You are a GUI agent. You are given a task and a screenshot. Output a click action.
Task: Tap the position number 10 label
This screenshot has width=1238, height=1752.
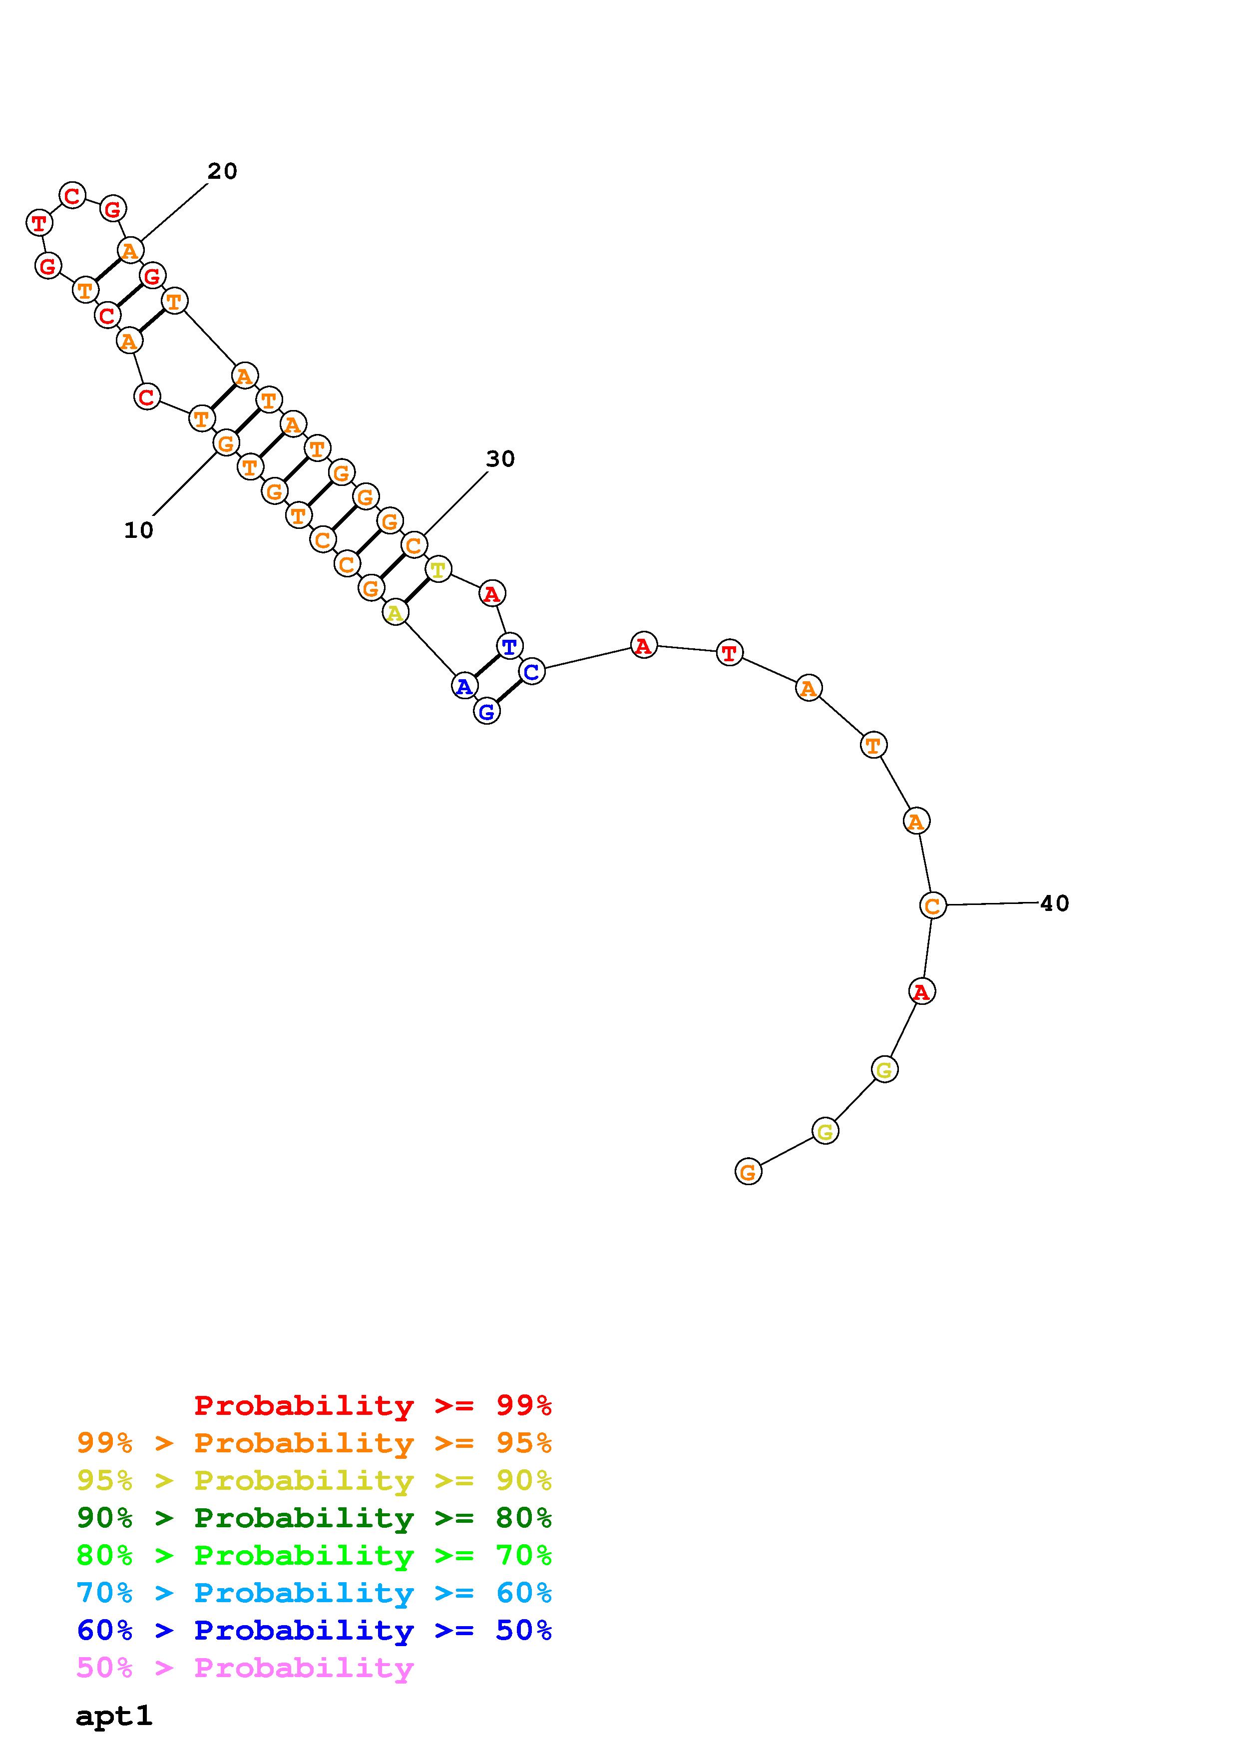tap(139, 530)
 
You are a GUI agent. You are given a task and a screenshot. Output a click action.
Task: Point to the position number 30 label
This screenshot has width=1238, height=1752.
tap(500, 459)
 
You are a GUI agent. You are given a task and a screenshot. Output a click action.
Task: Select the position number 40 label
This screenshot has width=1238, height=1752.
tap(1055, 903)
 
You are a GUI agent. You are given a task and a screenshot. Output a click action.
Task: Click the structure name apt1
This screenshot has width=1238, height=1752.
tap(114, 1716)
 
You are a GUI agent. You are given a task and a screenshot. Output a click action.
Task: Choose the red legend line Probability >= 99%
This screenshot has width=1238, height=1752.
tap(373, 1405)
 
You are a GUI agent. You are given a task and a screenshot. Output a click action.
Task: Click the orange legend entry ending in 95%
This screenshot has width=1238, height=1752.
tap(314, 1442)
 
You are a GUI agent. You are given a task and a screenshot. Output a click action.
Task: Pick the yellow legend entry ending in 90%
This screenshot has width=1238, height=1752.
tap(314, 1480)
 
